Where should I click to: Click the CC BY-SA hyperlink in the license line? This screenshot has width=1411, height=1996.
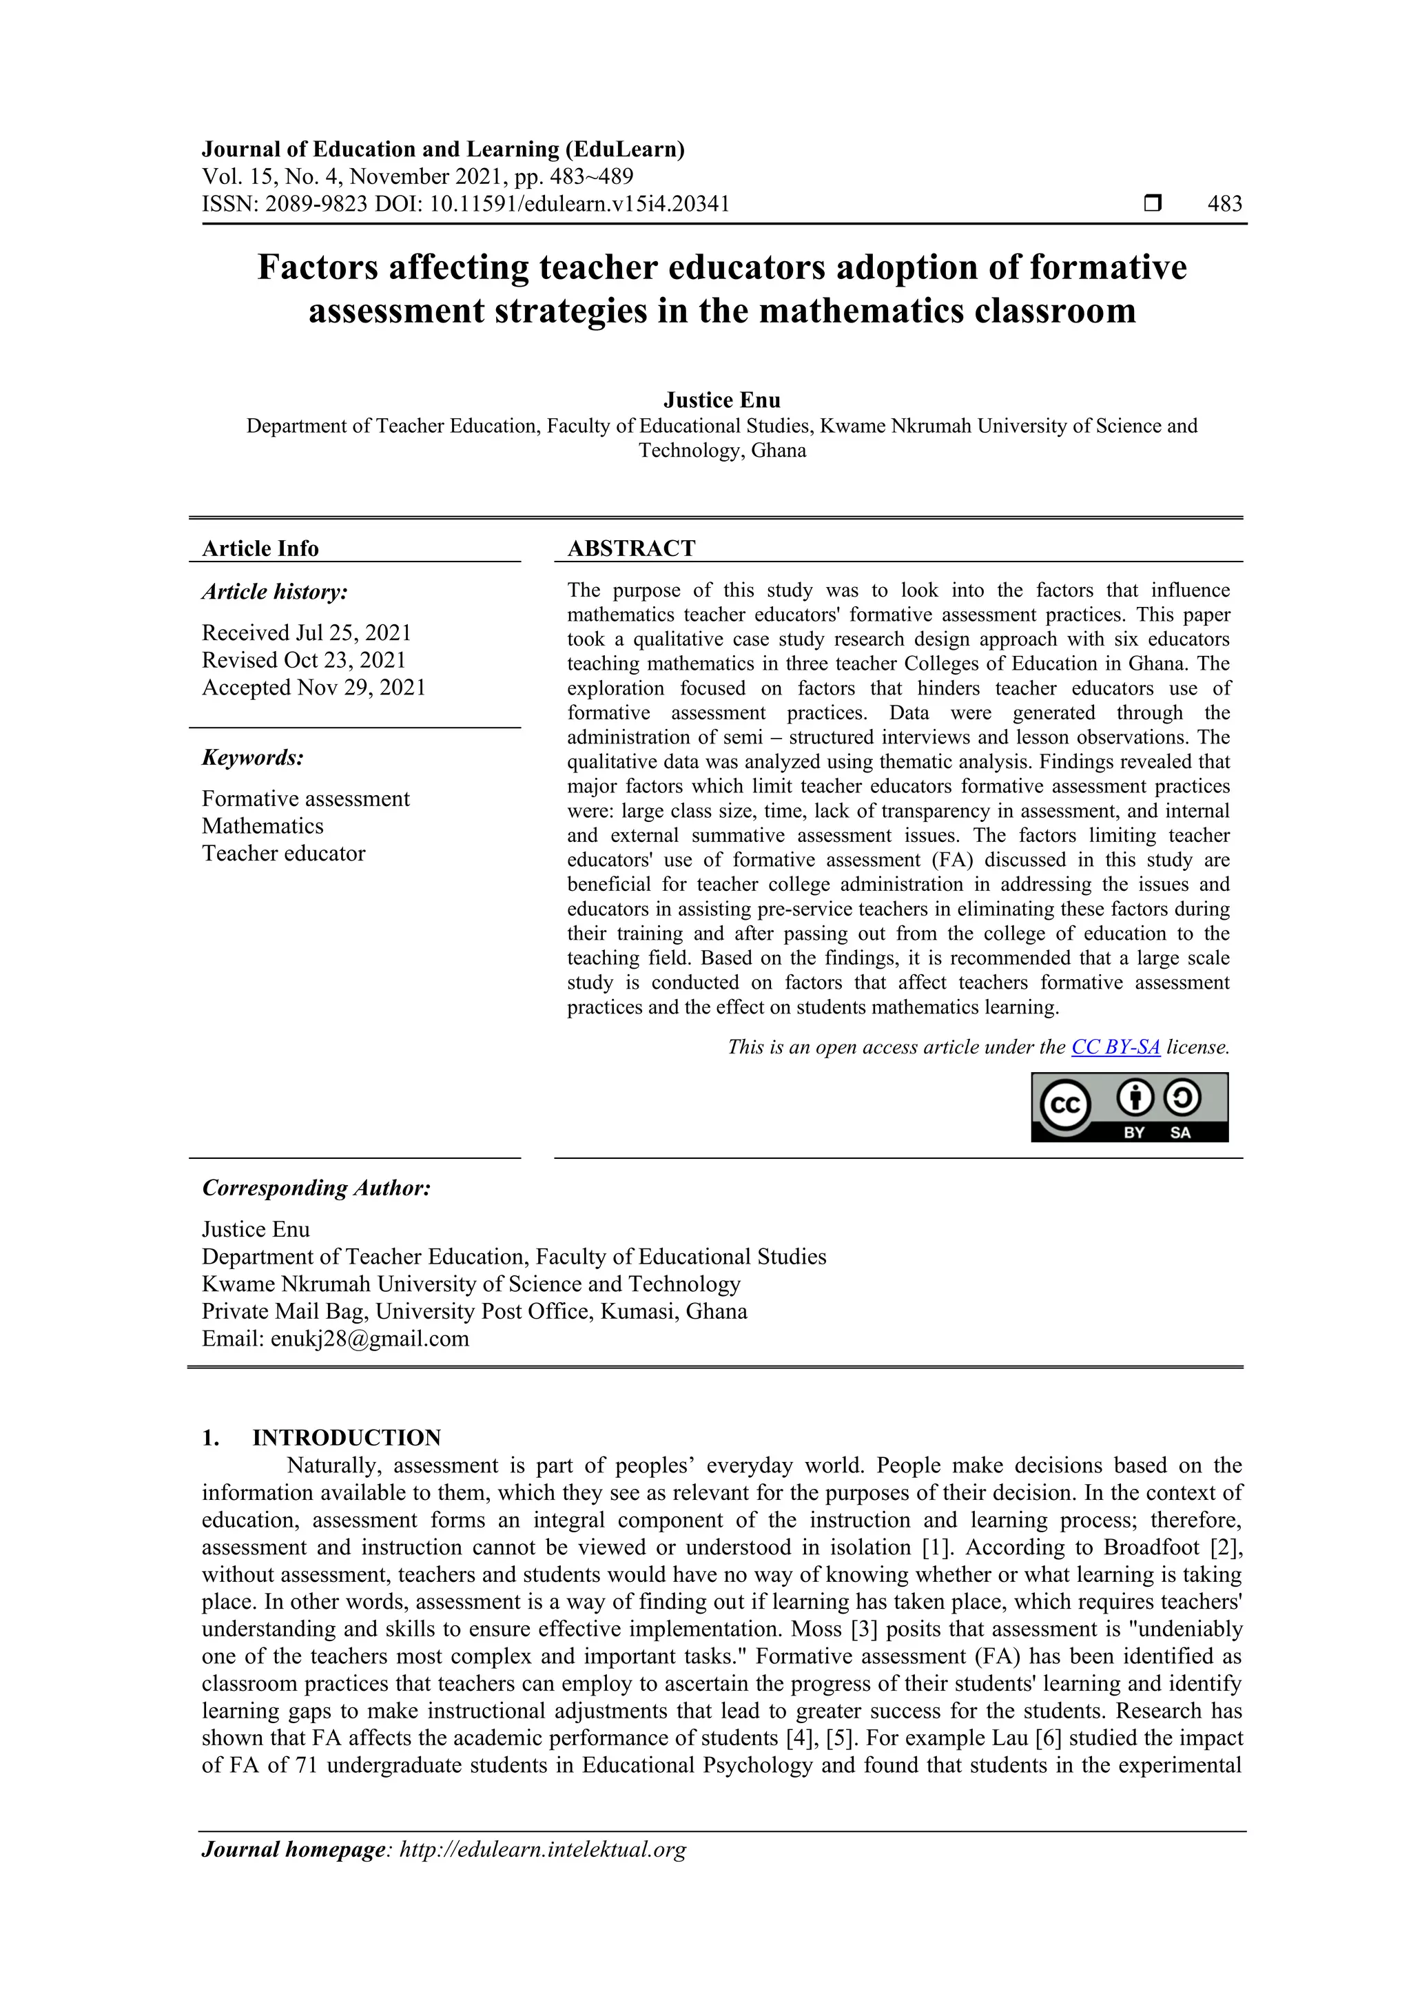pyautogui.click(x=1115, y=1047)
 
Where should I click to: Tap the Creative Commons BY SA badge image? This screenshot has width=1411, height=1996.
pyautogui.click(x=1129, y=1107)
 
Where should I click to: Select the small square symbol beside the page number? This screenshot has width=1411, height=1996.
pyautogui.click(x=1152, y=203)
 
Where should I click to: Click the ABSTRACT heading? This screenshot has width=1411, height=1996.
pyautogui.click(x=631, y=548)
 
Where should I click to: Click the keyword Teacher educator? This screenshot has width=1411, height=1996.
pyautogui.click(x=283, y=853)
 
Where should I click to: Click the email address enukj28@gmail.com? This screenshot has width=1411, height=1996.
pyautogui.click(x=369, y=1338)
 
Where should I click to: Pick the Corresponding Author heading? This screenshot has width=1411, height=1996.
pyautogui.click(x=316, y=1188)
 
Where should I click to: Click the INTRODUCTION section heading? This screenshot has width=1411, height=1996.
pyautogui.click(x=346, y=1437)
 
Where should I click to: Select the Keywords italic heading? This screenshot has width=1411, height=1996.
pyautogui.click(x=253, y=757)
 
